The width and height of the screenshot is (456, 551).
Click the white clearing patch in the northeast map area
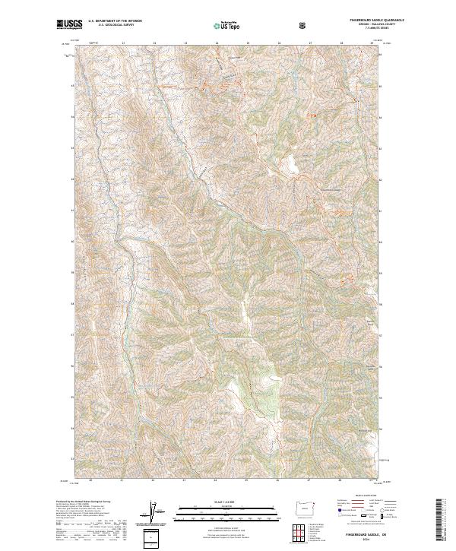[290, 162]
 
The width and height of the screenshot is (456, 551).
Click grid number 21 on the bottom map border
[122, 482]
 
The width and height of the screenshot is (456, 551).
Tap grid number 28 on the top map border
[341, 44]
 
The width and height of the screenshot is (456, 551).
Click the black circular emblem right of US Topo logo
[304, 25]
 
